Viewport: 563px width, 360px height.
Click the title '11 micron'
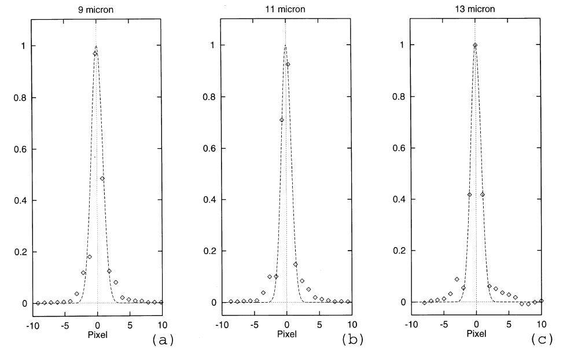[286, 9]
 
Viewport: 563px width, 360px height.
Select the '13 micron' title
[476, 9]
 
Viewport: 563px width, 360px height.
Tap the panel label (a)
[162, 340]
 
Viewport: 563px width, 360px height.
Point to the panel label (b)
[352, 340]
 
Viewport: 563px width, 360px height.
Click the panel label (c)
[542, 340]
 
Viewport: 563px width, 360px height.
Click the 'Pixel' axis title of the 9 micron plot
[96, 335]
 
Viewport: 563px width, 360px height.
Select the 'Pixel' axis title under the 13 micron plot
[476, 334]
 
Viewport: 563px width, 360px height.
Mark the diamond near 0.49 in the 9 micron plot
[102, 178]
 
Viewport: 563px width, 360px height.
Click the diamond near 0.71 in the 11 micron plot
[282, 120]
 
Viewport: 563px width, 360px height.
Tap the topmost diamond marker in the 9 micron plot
[95, 54]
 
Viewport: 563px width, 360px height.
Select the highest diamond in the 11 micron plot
[288, 64]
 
